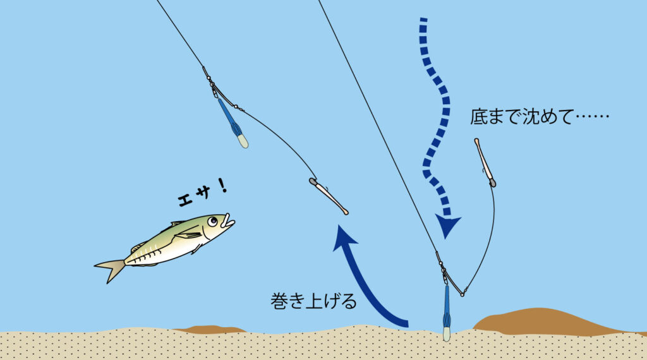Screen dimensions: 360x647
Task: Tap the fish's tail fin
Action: [x=111, y=269]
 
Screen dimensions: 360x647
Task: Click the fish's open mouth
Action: [x=229, y=223]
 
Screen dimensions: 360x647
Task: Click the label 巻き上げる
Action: [x=313, y=301]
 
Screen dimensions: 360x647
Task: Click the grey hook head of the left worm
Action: [x=313, y=182]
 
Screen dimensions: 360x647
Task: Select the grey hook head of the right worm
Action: [x=492, y=183]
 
